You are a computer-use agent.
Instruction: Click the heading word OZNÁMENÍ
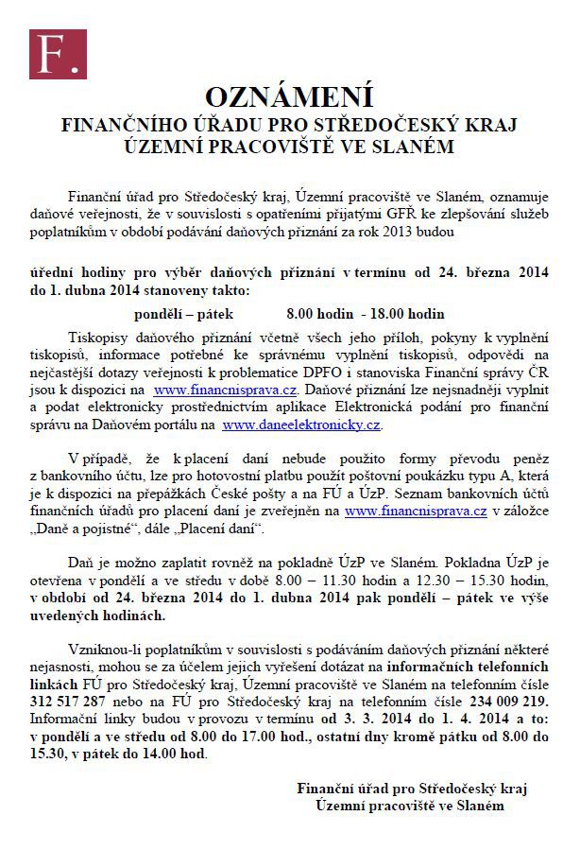(289, 97)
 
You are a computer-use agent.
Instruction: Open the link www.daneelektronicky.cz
(301, 425)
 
